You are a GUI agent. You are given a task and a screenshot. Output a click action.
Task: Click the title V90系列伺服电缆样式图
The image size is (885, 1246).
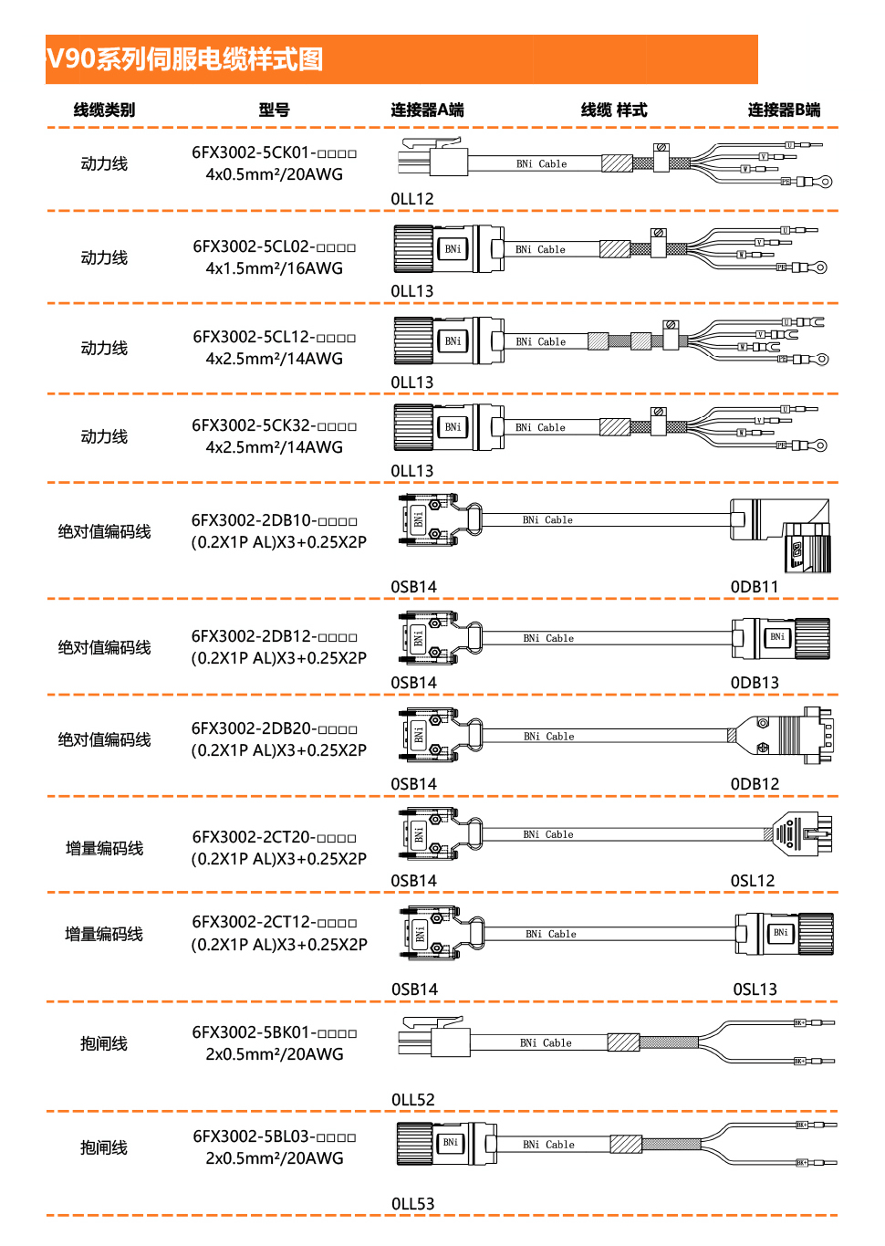tap(185, 59)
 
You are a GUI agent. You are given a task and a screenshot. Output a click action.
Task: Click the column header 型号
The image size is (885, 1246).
tap(274, 110)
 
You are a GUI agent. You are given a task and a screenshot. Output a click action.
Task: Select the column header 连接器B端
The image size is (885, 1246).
tap(784, 110)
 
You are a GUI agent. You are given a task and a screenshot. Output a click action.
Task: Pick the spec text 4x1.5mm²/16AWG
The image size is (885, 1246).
tap(274, 268)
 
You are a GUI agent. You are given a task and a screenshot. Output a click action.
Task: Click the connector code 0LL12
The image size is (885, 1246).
tap(412, 199)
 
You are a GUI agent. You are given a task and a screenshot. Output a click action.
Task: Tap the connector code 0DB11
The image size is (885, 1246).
tap(755, 587)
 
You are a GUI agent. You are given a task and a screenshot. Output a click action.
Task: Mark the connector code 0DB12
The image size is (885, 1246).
tap(755, 784)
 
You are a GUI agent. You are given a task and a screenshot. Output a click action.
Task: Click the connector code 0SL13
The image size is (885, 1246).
tap(755, 989)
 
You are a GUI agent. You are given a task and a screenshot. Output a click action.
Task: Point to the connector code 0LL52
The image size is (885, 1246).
tap(412, 1100)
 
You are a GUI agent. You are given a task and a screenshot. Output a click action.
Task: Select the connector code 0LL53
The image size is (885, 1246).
tap(412, 1204)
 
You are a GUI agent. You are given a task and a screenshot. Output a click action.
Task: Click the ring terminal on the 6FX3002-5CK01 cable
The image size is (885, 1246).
tap(825, 182)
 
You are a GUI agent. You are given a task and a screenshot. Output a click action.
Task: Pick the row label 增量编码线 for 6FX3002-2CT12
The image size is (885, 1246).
tap(104, 934)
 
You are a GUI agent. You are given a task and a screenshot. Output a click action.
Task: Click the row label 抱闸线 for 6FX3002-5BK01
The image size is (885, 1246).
tap(104, 1043)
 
